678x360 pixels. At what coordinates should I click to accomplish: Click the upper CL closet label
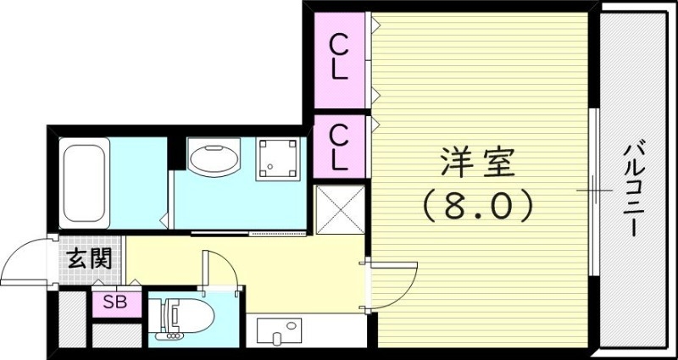tap(339, 56)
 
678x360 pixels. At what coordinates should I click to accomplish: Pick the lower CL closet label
tap(339, 146)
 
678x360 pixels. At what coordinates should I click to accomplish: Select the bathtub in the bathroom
tap(84, 183)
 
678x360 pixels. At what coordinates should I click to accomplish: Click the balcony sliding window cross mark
tap(593, 191)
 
